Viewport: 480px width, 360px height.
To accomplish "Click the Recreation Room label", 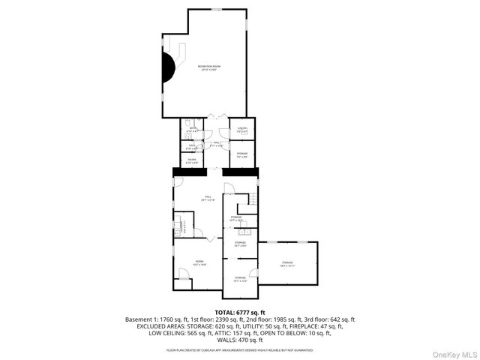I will [209, 68].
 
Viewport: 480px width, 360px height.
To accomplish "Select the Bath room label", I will [192, 130].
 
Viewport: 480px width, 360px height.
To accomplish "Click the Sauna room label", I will [192, 160].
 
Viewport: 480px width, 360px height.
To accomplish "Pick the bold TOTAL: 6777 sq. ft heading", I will [240, 311].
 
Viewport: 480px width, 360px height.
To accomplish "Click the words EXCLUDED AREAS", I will [162, 326].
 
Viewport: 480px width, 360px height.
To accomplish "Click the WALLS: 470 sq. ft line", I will [240, 340].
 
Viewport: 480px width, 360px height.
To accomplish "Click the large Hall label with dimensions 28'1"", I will [208, 199].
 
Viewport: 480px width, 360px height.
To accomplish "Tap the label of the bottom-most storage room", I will [239, 279].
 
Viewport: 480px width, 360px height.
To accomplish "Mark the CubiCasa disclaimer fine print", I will [240, 349].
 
